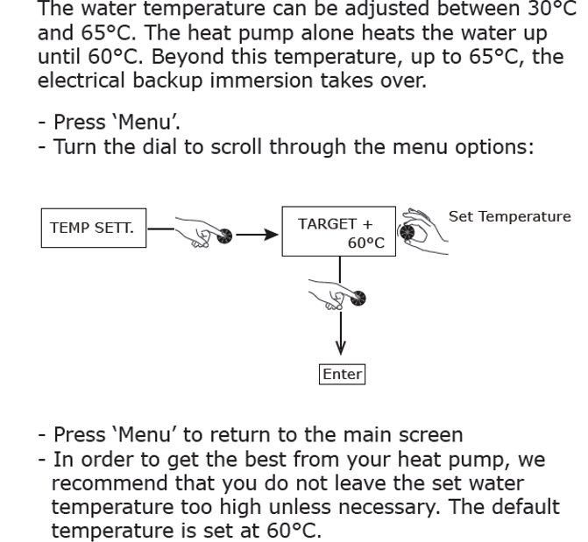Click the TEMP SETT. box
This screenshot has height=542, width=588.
92,229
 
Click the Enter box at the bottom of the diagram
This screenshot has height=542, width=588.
342,374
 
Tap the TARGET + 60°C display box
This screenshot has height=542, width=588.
338,232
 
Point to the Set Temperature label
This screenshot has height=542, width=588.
509,216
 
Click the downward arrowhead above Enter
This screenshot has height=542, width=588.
341,349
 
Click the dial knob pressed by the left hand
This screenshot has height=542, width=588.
224,236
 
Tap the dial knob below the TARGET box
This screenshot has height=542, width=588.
357,299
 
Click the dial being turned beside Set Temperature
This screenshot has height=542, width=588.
408,232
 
